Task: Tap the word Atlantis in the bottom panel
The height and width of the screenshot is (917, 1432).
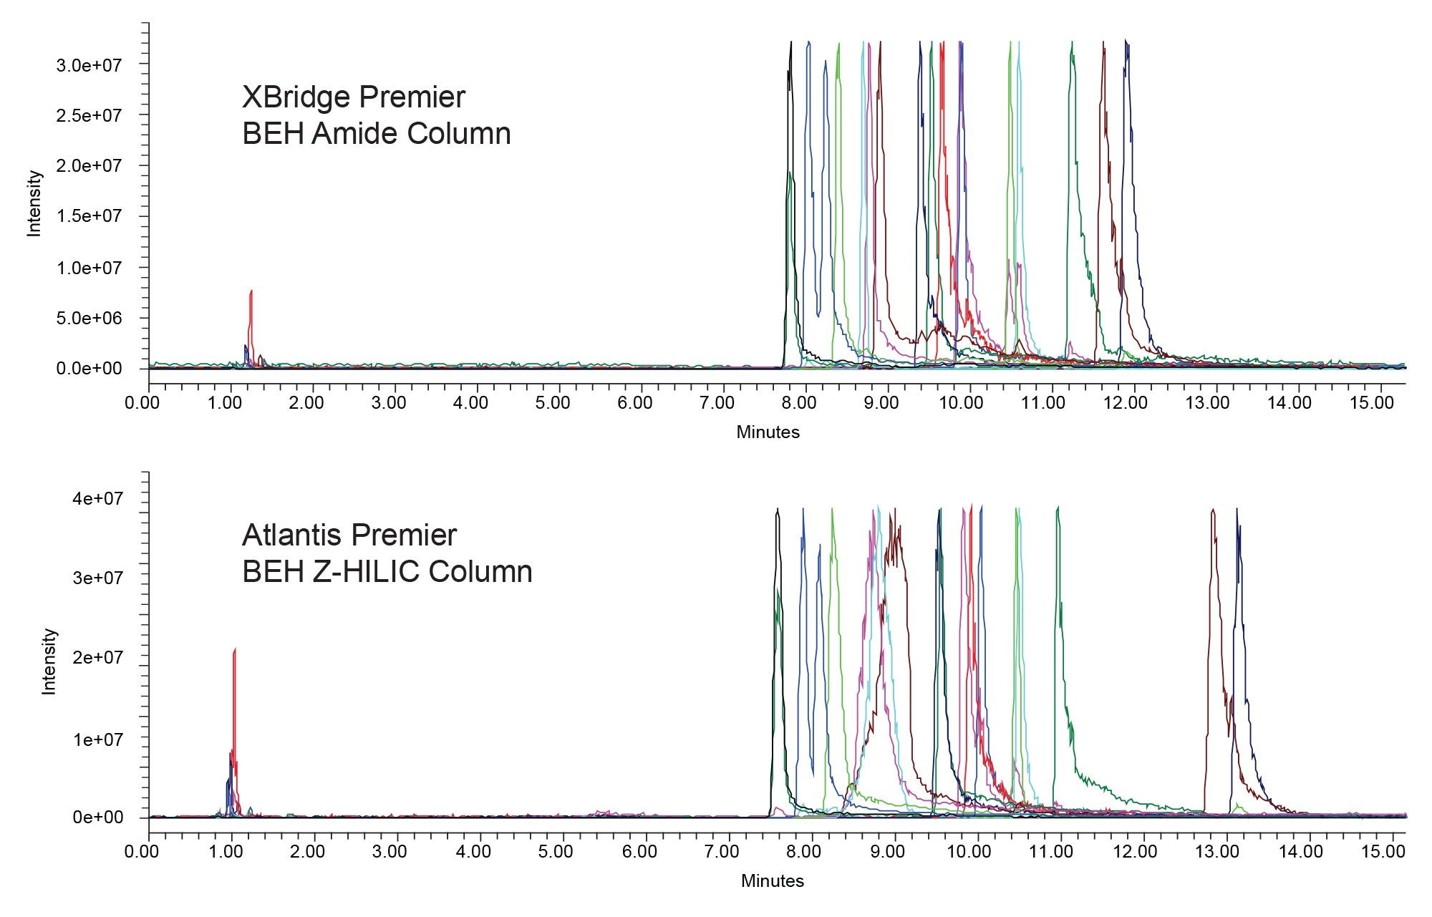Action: point(294,535)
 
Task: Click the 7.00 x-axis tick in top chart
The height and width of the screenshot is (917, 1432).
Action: point(716,403)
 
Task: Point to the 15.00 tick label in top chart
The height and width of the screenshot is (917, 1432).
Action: point(1371,403)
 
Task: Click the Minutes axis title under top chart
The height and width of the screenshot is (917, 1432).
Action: point(768,432)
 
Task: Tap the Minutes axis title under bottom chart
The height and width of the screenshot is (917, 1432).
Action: point(772,881)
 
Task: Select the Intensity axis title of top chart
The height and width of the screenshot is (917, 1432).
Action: point(34,203)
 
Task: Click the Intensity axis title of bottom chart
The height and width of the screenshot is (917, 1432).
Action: point(49,661)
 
